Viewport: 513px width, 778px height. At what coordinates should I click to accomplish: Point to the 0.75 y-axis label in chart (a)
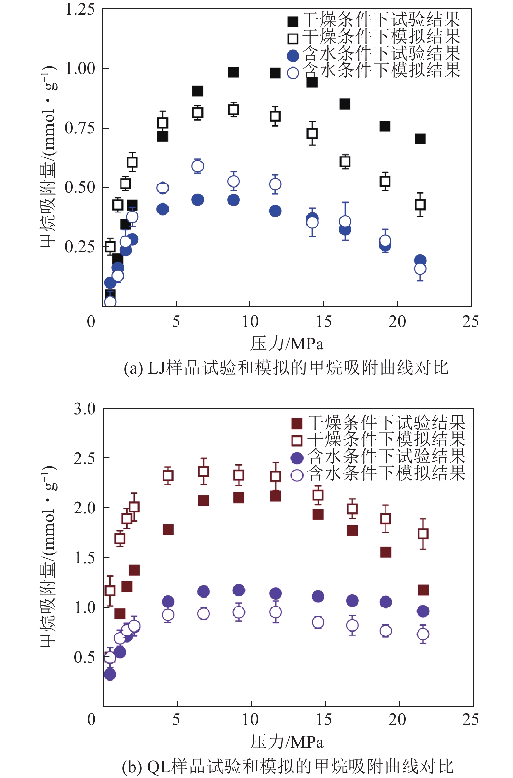click(79, 128)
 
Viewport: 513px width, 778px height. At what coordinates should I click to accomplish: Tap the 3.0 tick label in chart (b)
click(84, 409)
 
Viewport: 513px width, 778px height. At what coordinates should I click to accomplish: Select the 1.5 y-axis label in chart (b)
click(85, 558)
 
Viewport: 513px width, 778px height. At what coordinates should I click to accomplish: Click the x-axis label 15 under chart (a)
click(323, 322)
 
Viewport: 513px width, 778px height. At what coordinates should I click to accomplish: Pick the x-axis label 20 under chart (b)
click(397, 719)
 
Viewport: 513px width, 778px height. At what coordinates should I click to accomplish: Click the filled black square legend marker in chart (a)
click(293, 21)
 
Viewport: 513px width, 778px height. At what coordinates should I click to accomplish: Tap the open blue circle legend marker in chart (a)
click(293, 73)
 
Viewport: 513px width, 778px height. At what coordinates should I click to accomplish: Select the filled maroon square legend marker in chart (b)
click(296, 423)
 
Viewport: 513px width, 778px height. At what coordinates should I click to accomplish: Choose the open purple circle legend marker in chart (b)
click(297, 475)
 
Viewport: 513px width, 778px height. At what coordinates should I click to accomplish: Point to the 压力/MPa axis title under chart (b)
click(287, 741)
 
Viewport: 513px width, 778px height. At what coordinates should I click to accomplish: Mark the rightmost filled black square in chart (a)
click(420, 139)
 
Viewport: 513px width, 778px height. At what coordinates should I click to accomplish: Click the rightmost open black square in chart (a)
click(420, 205)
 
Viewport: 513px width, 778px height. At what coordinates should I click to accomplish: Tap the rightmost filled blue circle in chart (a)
click(420, 260)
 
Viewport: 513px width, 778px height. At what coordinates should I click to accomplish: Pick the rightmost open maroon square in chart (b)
click(423, 534)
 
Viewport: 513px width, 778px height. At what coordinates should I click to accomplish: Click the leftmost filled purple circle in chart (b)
click(110, 675)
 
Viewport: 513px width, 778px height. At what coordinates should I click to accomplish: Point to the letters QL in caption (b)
click(158, 766)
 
